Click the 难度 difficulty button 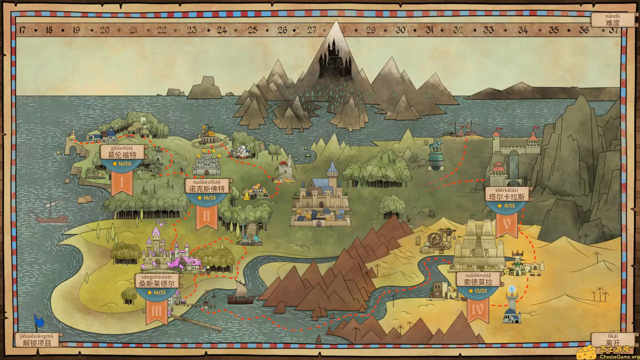point(613,20)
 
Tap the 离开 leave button point(613,340)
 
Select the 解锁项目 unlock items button point(37,340)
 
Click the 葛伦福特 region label point(122,152)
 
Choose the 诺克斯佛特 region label point(207,186)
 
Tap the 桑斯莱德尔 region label point(157,281)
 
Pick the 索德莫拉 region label point(478,279)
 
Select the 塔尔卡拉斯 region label point(506,194)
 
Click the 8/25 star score point(506,206)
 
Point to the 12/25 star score point(478,291)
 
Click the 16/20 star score point(122,164)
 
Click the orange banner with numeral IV point(478,309)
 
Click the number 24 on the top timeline point(222,30)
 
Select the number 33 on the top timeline point(488,30)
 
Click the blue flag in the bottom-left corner point(39,322)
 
